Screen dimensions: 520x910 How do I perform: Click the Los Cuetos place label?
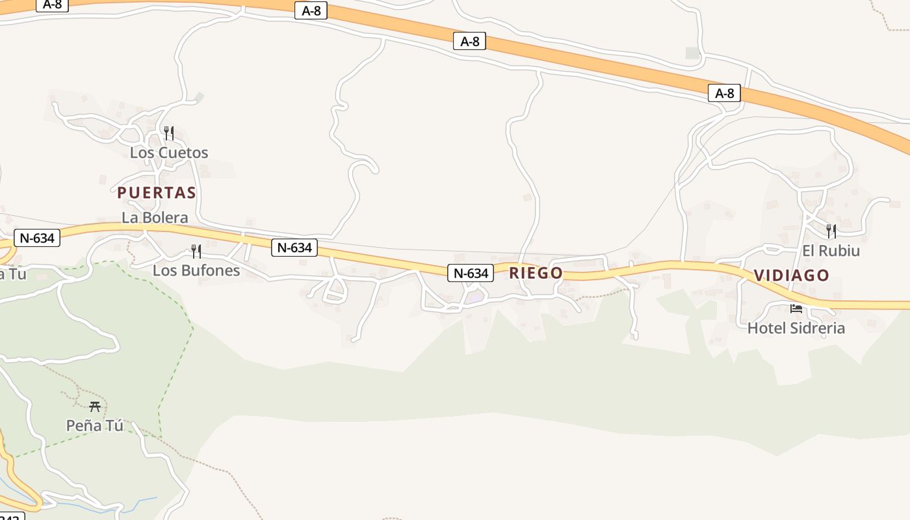[x=169, y=153]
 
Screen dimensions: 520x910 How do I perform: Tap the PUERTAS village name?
[x=157, y=192]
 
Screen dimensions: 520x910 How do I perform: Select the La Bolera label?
[x=155, y=218]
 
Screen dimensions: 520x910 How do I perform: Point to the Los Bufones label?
[x=196, y=270]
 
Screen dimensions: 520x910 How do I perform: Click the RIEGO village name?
[x=536, y=273]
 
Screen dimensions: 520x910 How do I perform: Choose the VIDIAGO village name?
[x=792, y=276]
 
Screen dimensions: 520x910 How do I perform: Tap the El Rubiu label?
[x=831, y=251]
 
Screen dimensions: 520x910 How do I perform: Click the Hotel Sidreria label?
[x=796, y=328]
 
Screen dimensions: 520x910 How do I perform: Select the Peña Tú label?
[x=95, y=426]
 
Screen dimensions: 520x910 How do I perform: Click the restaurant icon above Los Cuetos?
[x=169, y=133]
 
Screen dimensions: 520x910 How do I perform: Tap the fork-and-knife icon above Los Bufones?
[x=196, y=252]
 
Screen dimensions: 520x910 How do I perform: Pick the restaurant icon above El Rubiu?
[x=831, y=231]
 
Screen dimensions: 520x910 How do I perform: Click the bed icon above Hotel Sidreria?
[x=796, y=309]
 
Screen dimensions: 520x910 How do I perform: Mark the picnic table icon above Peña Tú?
[x=95, y=407]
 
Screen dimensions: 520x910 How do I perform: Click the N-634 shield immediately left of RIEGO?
[x=470, y=273]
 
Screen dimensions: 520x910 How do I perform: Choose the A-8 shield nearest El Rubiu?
[x=724, y=94]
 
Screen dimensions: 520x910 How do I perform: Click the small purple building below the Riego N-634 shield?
[x=474, y=298]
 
